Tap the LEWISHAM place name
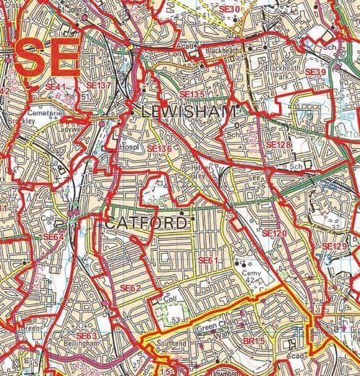point(186,111)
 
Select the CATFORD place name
point(145,223)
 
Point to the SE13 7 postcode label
point(98,85)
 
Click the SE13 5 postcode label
point(192,94)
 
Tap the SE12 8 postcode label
point(278,145)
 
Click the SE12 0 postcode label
point(274,234)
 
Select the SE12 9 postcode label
point(335,247)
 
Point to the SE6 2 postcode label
point(130,288)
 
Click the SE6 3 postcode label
point(86,336)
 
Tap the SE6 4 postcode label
point(53,236)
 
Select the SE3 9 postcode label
point(315,72)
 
